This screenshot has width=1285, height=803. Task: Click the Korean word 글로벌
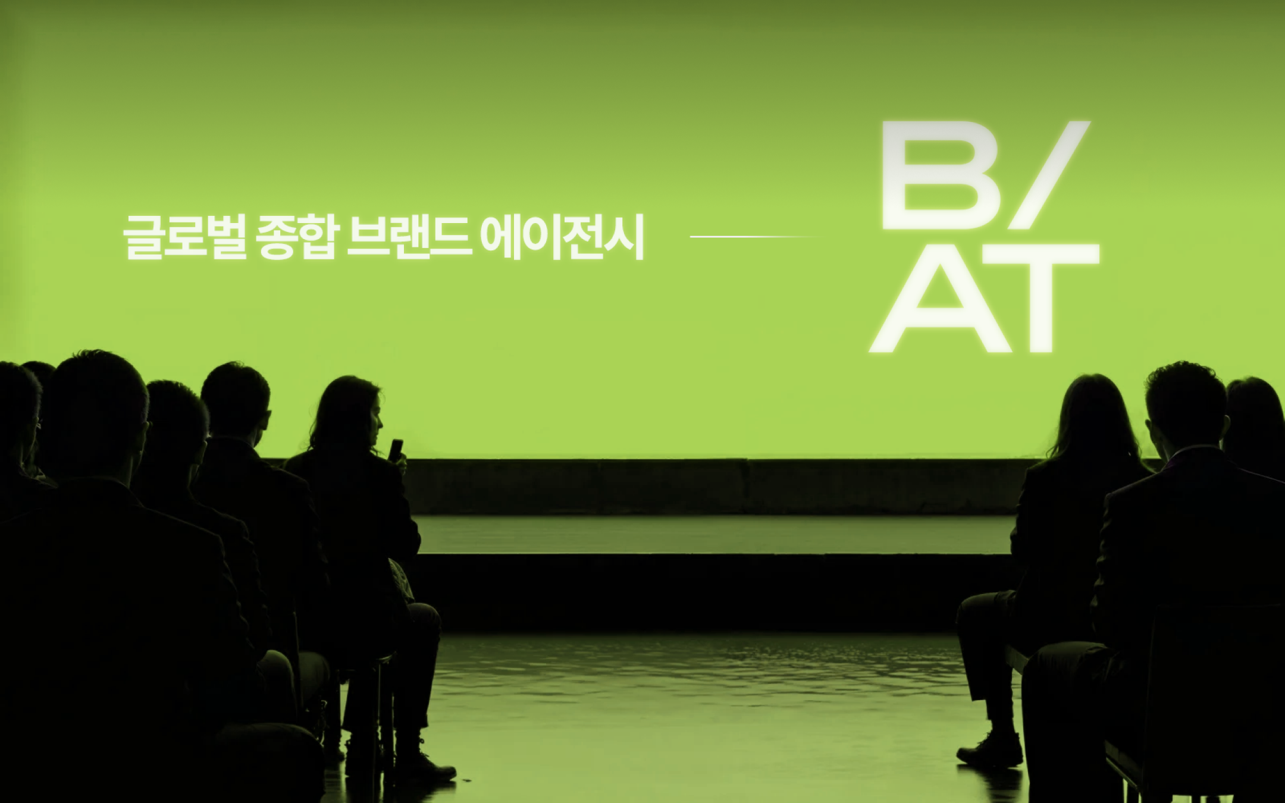pos(185,237)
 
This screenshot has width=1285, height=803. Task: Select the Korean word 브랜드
pos(409,237)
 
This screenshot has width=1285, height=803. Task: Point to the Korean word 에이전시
pos(562,237)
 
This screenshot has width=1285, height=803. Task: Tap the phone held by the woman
pos(396,450)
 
